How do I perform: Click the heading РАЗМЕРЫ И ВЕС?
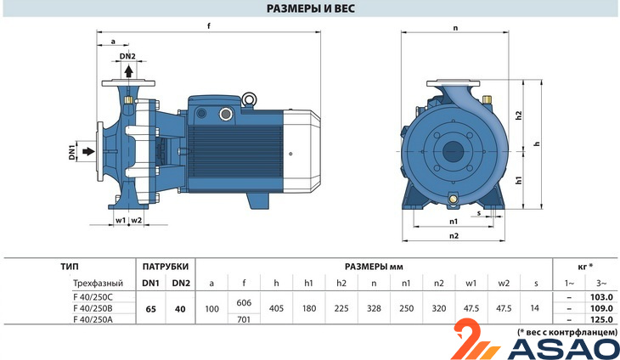click(x=310, y=9)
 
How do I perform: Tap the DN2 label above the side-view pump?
click(x=127, y=56)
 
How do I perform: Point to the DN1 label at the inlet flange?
click(x=72, y=153)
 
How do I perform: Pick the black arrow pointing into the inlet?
click(x=88, y=153)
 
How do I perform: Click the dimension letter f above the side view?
click(x=209, y=25)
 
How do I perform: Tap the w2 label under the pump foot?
click(x=137, y=220)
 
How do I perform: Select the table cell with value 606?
click(x=244, y=303)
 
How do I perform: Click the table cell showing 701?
click(x=244, y=319)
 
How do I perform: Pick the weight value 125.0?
click(x=601, y=319)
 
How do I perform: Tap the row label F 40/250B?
click(x=93, y=307)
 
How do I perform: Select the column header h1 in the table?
click(x=309, y=283)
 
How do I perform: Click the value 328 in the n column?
click(x=374, y=308)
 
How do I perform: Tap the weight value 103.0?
click(x=601, y=296)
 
